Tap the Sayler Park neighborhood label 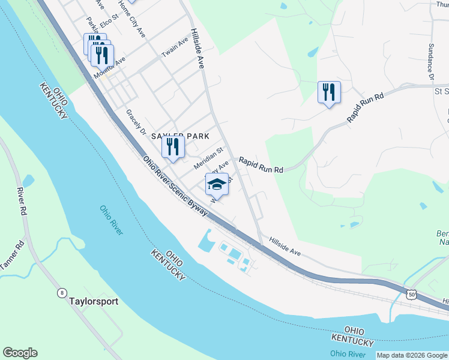point(180,136)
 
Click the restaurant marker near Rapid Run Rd point(329,92)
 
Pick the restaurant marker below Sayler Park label point(173,147)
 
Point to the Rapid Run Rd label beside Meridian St point(261,165)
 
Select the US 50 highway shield point(411,294)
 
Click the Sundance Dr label point(430,62)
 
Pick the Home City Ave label point(132,19)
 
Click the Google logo point(20,353)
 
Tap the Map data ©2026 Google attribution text point(412,355)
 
